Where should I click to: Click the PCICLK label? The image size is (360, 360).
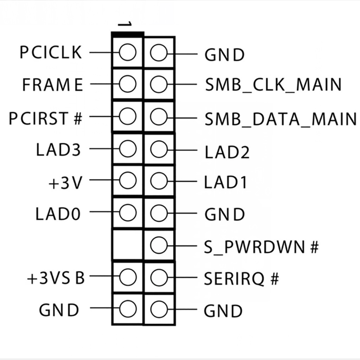(51, 53)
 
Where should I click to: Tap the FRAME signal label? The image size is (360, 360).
(52, 85)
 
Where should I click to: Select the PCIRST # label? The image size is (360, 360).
(45, 118)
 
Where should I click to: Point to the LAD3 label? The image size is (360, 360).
(58, 150)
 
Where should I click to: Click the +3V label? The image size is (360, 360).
(65, 182)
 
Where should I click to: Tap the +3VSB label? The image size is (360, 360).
(56, 278)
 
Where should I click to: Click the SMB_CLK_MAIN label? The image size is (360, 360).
(273, 85)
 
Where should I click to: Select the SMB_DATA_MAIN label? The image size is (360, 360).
(280, 119)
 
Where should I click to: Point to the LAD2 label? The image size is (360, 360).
(227, 153)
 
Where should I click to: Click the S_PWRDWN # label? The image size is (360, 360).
(261, 247)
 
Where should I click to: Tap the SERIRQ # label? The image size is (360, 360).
(241, 279)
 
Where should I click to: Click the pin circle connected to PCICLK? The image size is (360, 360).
(127, 53)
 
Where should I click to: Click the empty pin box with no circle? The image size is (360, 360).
(127, 245)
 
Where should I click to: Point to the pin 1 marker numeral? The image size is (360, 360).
(124, 25)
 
